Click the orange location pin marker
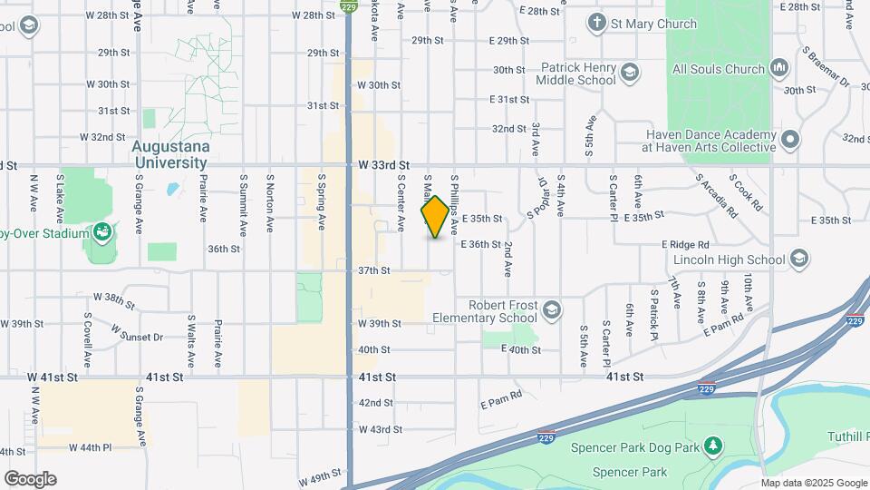pos(435,217)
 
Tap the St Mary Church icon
pos(596,24)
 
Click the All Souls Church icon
pos(778,68)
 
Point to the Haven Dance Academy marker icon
pos(790,140)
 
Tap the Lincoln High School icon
pos(798,260)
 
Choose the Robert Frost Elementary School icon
pos(551,311)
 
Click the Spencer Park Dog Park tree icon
pos(715,446)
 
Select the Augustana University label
pos(171,154)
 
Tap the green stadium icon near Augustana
pos(104,233)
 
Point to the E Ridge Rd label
pos(685,245)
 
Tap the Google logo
pos(30,479)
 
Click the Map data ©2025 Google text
pos(813,483)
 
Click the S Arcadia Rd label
pos(718,196)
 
